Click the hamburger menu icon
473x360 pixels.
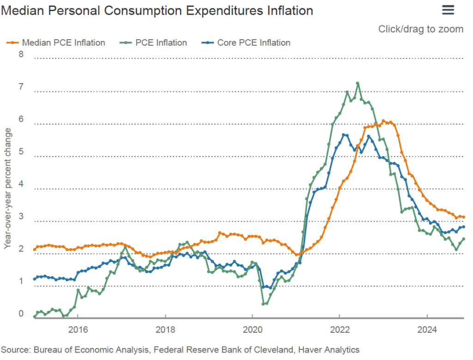[448, 10]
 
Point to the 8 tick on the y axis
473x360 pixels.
[20, 54]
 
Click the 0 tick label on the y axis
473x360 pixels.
[20, 314]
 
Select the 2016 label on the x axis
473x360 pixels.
[77, 330]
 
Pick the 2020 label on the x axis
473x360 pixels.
[252, 330]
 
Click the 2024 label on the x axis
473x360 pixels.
[427, 330]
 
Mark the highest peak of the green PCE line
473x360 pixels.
[358, 84]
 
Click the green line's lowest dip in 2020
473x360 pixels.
[263, 304]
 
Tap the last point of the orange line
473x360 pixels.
[463, 217]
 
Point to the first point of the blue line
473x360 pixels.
[34, 279]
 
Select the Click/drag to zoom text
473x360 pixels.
[420, 29]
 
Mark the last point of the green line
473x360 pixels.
[463, 239]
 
